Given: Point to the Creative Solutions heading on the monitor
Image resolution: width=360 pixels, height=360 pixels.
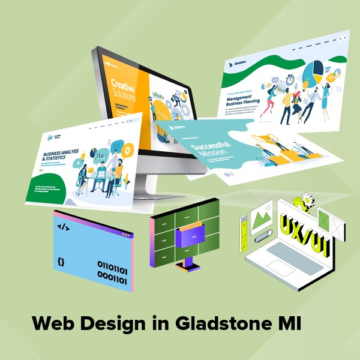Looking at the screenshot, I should [124, 89].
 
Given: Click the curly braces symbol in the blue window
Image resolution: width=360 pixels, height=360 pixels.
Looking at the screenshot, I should [61, 262].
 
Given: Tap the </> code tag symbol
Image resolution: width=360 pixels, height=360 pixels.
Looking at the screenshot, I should [62, 227].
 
